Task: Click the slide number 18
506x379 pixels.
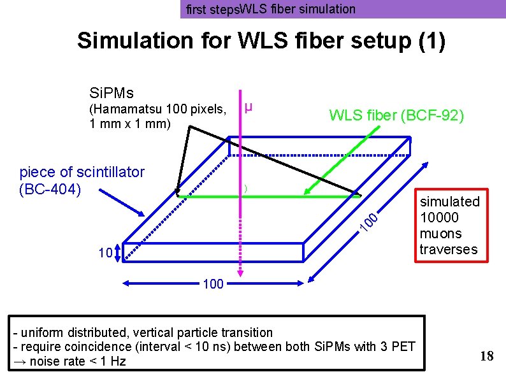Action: click(x=486, y=356)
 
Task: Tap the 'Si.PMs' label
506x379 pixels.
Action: click(x=112, y=94)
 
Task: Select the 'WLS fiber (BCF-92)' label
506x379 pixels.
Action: click(x=396, y=115)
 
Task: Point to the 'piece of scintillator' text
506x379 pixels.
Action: click(x=82, y=171)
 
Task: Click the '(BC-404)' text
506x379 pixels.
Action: click(x=50, y=189)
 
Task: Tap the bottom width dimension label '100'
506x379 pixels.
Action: click(x=213, y=284)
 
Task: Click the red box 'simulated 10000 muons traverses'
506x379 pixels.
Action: click(x=449, y=225)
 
